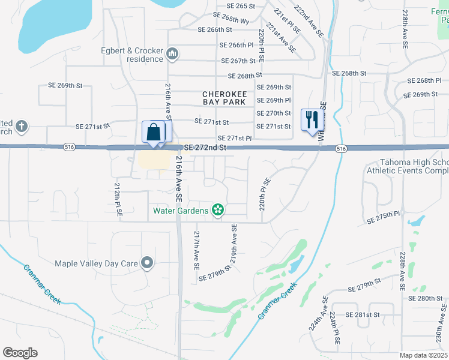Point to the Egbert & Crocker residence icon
(x=173, y=55)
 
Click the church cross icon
(x=22, y=126)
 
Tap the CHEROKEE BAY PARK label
(x=224, y=98)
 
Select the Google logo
(x=20, y=353)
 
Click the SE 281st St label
(x=364, y=314)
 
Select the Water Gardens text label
(x=181, y=211)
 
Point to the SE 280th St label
(x=425, y=298)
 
